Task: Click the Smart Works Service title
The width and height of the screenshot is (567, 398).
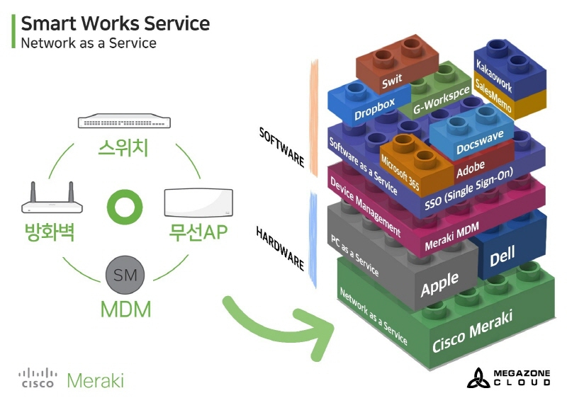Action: coord(115,23)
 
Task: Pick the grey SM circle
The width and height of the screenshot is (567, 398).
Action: coord(125,275)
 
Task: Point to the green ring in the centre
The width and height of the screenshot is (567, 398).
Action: coord(125,207)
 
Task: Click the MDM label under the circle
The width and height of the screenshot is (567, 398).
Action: coord(125,309)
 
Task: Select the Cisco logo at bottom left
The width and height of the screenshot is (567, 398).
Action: coord(38,378)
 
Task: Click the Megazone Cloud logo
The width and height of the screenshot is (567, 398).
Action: coord(508,377)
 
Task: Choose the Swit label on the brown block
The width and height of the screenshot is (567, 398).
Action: coord(392,82)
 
